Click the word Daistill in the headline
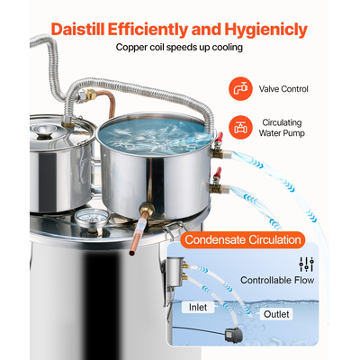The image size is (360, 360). (x=78, y=30)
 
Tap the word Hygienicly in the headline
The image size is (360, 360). (x=266, y=30)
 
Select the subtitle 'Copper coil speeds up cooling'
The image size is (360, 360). (x=179, y=47)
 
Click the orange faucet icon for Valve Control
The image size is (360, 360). (x=240, y=88)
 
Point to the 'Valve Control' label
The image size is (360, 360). (x=283, y=89)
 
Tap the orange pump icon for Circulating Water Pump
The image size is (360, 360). (x=240, y=127)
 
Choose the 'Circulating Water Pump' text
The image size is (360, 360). (x=282, y=128)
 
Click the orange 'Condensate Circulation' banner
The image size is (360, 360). (x=243, y=239)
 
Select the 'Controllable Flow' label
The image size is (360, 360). (x=277, y=280)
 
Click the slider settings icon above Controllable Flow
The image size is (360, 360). (x=306, y=265)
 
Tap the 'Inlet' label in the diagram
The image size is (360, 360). (x=198, y=307)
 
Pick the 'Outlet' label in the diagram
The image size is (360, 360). (x=276, y=314)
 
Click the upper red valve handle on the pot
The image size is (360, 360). (x=220, y=137)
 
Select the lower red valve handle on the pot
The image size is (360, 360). (x=217, y=173)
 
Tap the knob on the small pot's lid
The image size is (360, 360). (x=45, y=131)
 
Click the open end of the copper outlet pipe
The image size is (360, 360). (x=131, y=253)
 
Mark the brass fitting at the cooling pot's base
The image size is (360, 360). (x=147, y=211)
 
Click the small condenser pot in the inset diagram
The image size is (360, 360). (x=174, y=271)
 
